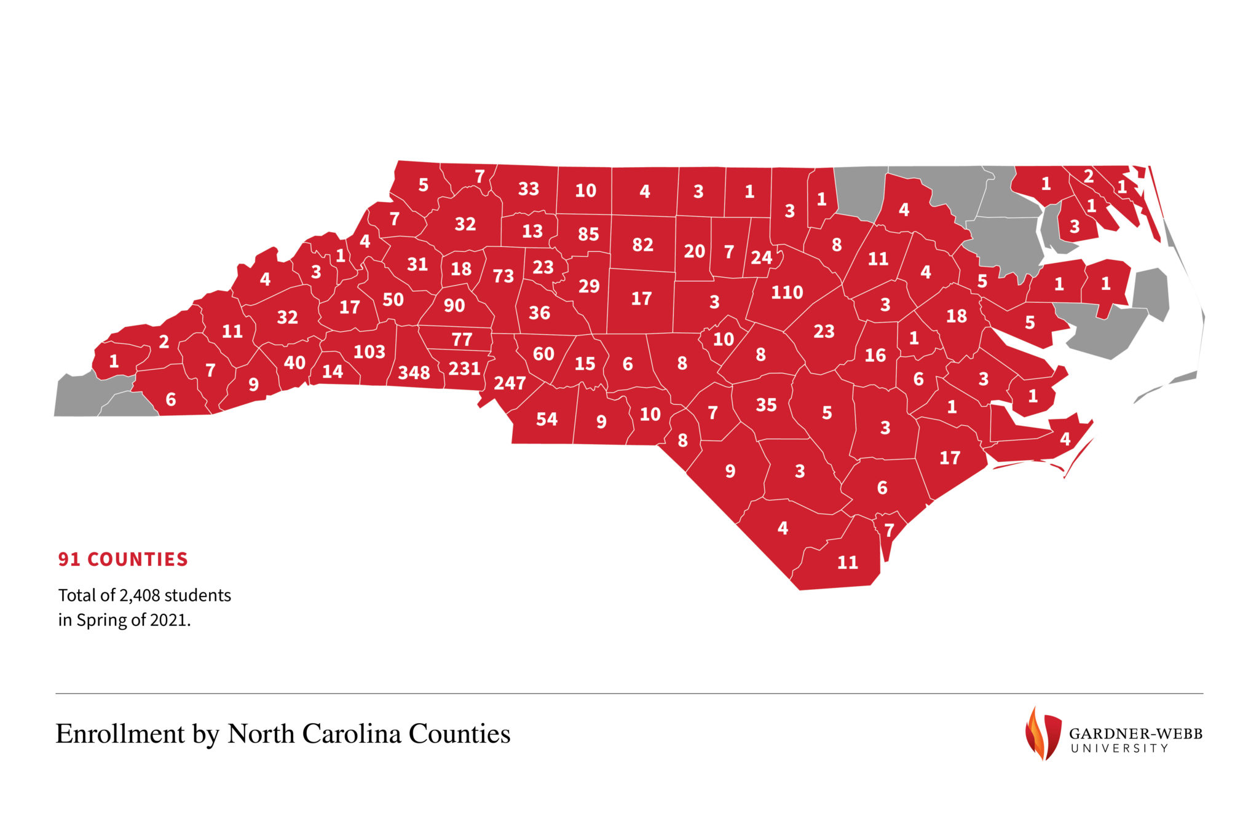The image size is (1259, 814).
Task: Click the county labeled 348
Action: [414, 372]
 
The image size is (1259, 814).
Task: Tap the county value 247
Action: [510, 383]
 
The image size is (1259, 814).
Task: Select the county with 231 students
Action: [464, 369]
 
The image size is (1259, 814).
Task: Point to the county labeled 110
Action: [787, 292]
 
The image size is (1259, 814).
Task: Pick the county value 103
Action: [369, 352]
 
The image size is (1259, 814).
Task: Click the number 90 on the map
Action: [454, 305]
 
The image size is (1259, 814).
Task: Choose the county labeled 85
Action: [588, 234]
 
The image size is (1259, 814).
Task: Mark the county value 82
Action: [642, 245]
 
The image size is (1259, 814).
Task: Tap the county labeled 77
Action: [462, 339]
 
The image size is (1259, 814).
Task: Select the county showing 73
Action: [503, 276]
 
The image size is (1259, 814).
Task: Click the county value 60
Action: [543, 354]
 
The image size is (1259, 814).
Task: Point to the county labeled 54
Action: [547, 420]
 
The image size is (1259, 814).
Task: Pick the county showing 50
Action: [393, 300]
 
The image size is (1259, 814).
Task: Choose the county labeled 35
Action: [766, 405]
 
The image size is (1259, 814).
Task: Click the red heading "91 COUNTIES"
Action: [123, 559]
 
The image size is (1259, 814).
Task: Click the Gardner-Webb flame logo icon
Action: [1043, 733]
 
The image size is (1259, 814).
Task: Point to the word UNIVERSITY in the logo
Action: [1119, 748]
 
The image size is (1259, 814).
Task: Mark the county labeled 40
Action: [294, 362]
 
